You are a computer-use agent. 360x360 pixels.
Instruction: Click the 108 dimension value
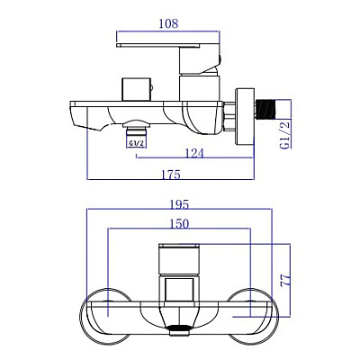point(168,23)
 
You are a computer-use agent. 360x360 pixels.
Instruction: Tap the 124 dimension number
point(193,153)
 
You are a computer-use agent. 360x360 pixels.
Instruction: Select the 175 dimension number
point(171,175)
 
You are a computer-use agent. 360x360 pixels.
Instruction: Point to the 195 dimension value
point(179,205)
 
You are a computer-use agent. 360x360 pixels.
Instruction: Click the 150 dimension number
point(179,224)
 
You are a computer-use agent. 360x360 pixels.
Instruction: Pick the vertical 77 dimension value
point(286,280)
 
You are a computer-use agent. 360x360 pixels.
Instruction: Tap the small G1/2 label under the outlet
point(137,143)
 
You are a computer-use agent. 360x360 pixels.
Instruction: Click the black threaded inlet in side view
point(265,109)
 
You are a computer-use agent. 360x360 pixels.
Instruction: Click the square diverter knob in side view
point(136,90)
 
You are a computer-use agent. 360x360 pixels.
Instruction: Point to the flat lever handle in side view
point(158,45)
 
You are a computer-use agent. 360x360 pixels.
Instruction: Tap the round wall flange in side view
point(245,117)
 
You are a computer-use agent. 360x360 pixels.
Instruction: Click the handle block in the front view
point(179,259)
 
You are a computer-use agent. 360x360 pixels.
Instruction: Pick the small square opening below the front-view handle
point(179,289)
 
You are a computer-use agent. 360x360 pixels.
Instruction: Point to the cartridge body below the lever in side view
point(200,88)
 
